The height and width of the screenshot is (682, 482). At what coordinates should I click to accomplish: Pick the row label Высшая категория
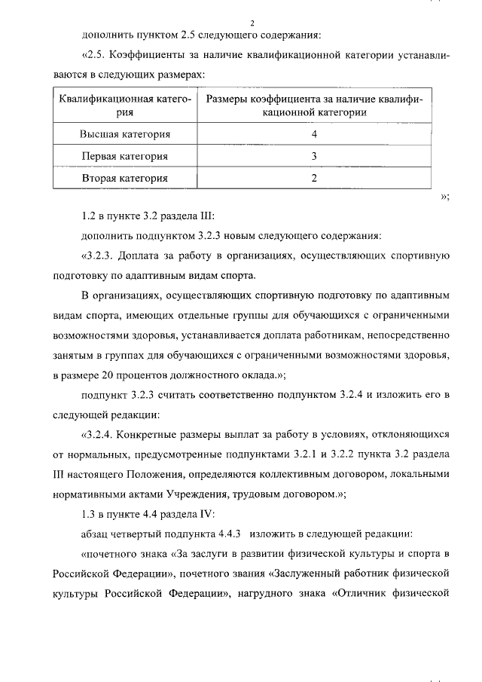pyautogui.click(x=125, y=134)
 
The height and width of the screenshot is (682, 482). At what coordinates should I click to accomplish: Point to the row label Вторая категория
pyautogui.click(x=125, y=179)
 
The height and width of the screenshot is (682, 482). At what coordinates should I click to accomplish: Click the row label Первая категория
pyautogui.click(x=125, y=156)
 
